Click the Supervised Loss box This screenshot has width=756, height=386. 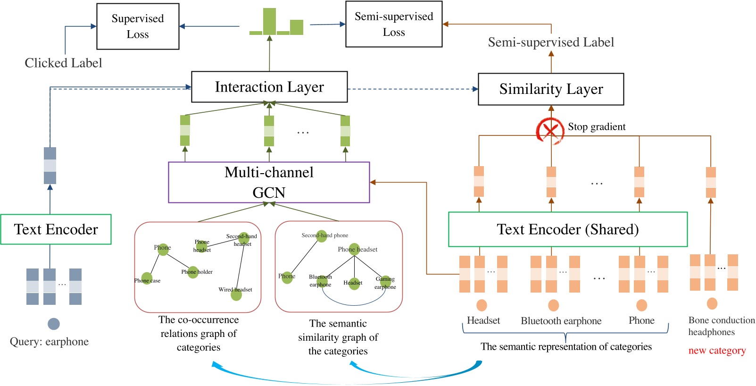click(x=138, y=26)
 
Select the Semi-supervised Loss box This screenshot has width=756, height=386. click(x=394, y=24)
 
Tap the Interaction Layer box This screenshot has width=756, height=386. click(x=269, y=87)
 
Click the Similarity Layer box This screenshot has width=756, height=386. click(x=551, y=89)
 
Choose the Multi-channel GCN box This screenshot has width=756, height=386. click(x=269, y=183)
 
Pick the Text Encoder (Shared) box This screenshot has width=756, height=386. click(x=567, y=229)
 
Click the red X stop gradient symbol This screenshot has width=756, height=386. click(x=550, y=130)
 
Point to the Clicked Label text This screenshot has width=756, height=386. click(x=63, y=63)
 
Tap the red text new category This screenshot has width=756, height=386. click(x=717, y=351)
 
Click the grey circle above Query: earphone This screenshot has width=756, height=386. click(x=54, y=324)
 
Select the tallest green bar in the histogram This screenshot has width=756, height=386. click(x=269, y=21)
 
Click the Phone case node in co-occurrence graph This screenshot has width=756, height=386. click(x=147, y=278)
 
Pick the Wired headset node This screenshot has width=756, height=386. click(x=236, y=295)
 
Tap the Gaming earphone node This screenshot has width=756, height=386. click(x=386, y=282)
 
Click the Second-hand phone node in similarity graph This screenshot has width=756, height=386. click(x=322, y=236)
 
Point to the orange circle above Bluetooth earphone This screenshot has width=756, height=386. click(x=554, y=305)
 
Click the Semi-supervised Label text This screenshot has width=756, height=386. click(x=551, y=42)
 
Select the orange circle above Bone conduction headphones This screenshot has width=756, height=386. click(x=712, y=303)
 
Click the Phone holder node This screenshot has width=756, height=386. click(x=193, y=272)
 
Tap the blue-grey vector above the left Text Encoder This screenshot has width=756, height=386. click(x=50, y=166)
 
